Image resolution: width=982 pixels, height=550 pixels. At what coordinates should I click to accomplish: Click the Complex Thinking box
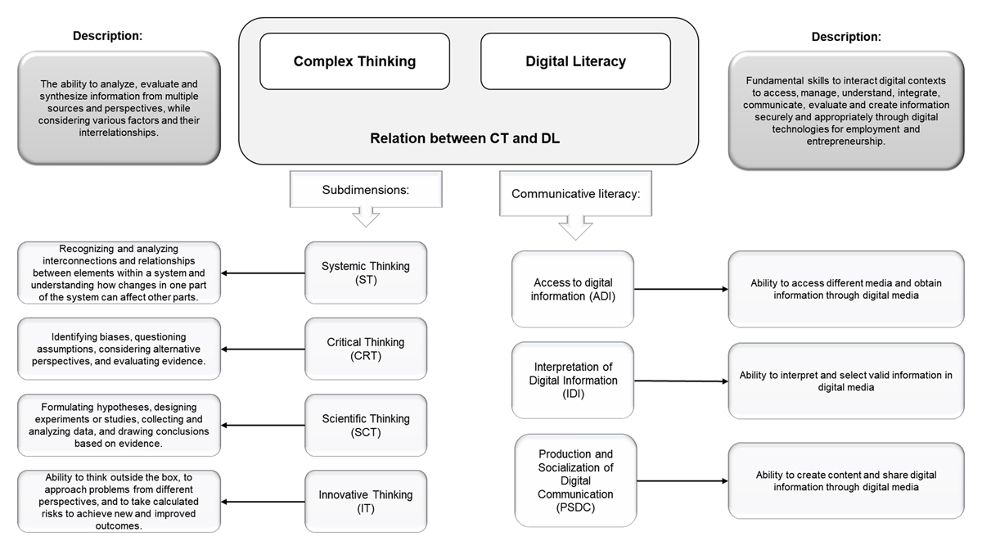(354, 61)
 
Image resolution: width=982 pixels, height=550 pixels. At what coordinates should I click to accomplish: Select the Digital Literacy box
(575, 61)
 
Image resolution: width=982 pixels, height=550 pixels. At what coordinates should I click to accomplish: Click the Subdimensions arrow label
(365, 190)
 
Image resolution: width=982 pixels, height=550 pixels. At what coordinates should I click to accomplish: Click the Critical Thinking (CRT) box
(366, 349)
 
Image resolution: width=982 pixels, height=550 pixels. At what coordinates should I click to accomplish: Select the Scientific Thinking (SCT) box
(366, 426)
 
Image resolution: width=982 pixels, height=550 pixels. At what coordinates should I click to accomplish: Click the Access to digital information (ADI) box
(573, 289)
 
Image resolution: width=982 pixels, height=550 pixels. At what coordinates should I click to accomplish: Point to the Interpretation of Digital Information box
(573, 380)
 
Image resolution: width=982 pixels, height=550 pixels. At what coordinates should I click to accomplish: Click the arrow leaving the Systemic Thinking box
(264, 273)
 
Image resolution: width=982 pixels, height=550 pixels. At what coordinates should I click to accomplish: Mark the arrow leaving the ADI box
(681, 289)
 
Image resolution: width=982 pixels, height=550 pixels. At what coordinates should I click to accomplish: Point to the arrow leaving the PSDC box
(681, 481)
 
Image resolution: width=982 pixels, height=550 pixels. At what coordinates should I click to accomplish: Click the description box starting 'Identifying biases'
(119, 349)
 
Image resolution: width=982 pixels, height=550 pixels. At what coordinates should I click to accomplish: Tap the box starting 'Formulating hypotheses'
(119, 426)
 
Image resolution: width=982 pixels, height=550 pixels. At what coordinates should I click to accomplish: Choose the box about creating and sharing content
(846, 480)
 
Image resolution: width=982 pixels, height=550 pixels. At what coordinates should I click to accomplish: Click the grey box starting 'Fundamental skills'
(846, 110)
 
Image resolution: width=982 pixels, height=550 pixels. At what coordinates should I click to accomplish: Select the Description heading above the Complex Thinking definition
(107, 36)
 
